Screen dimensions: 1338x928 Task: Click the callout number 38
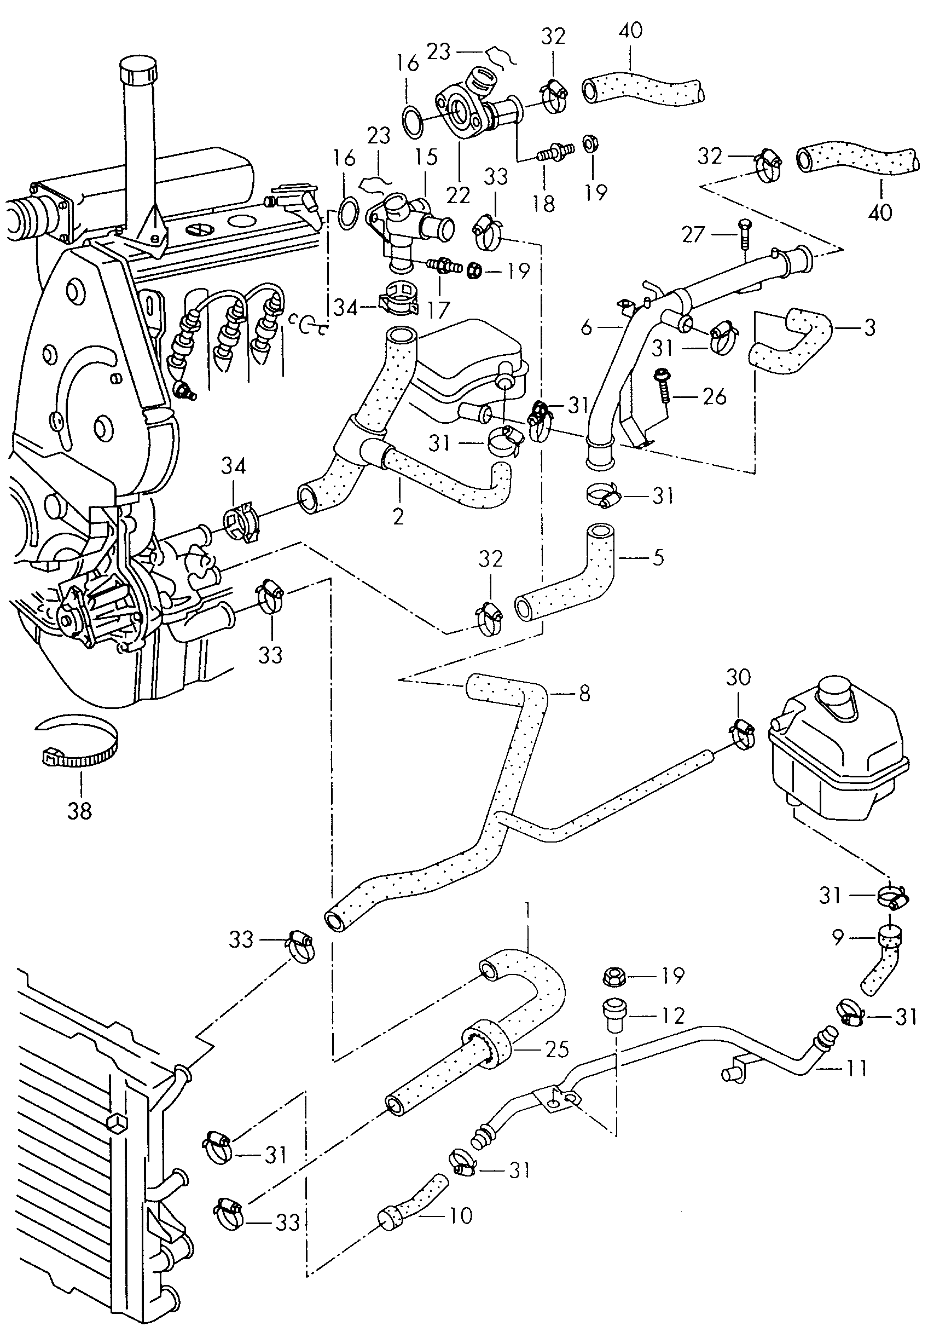80,810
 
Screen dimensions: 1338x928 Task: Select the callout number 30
738,677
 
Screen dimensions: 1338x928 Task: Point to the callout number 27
693,234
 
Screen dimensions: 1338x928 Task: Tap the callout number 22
458,195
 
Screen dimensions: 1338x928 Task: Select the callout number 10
461,1216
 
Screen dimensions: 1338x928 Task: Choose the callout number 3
869,327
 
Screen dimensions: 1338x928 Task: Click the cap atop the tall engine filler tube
138,72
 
